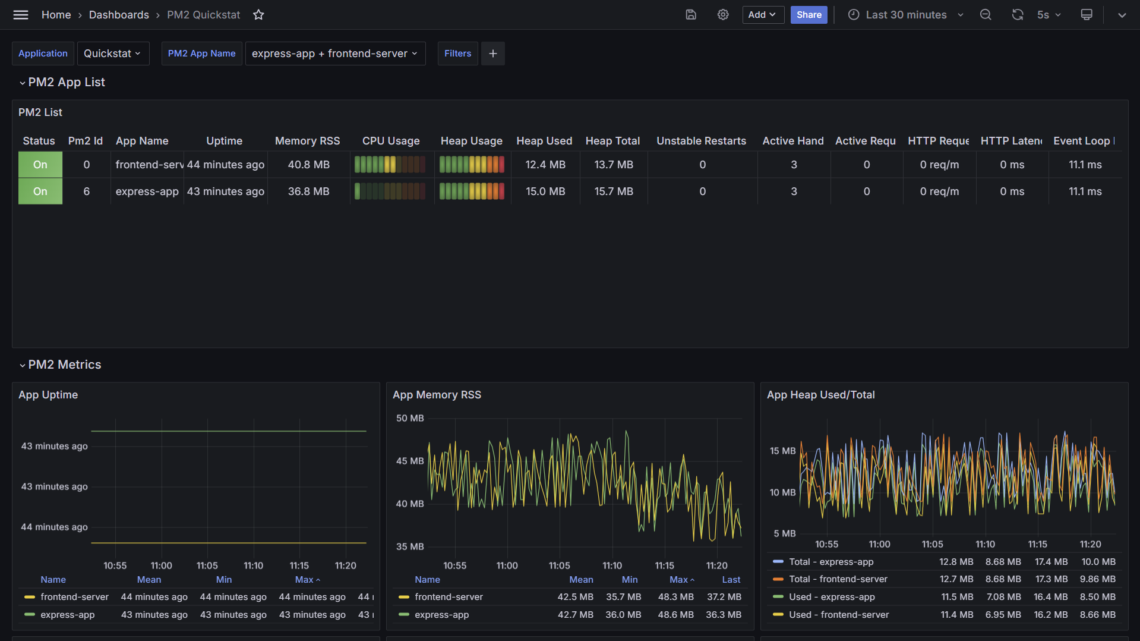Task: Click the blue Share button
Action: click(809, 15)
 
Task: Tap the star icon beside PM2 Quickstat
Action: click(258, 15)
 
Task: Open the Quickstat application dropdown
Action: click(113, 54)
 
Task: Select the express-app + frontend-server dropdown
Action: click(335, 54)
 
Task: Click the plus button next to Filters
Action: click(492, 54)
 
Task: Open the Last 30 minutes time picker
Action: click(905, 15)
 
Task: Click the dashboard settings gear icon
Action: click(722, 15)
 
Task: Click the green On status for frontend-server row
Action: click(40, 165)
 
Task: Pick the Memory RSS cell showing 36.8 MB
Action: click(308, 191)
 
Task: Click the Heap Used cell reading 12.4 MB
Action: click(545, 165)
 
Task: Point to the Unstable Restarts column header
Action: click(701, 141)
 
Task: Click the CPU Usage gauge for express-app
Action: click(390, 191)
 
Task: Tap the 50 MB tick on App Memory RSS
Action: click(410, 418)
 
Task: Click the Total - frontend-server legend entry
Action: click(838, 579)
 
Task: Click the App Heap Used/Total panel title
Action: click(820, 395)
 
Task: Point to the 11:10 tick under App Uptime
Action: click(253, 565)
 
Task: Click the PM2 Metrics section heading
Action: click(65, 365)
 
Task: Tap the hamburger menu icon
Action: click(21, 15)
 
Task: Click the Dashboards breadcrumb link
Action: click(119, 15)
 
